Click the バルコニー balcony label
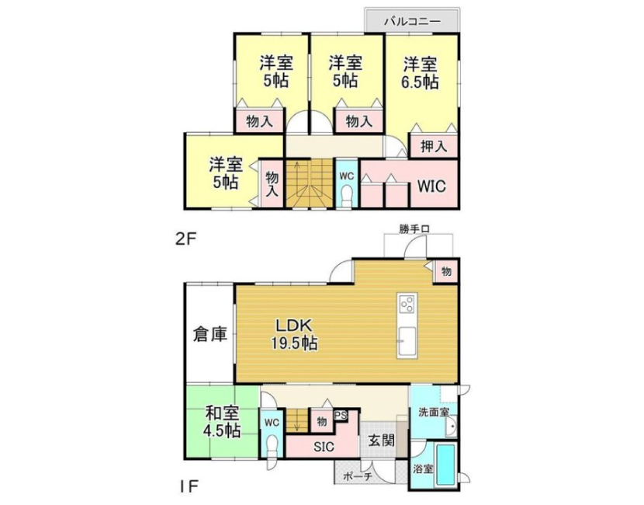click(x=412, y=21)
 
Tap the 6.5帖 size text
click(x=420, y=82)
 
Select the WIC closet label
click(x=431, y=186)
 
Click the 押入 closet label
click(x=434, y=146)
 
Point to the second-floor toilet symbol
click(x=348, y=196)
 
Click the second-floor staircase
click(x=310, y=184)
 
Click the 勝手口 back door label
click(x=414, y=229)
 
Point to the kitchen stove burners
click(x=407, y=305)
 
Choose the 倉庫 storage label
click(x=210, y=334)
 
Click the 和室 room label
click(x=222, y=413)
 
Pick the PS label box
click(x=341, y=416)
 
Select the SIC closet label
click(x=324, y=447)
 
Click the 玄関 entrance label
click(x=382, y=441)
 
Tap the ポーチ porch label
click(x=357, y=476)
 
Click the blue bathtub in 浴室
click(x=445, y=465)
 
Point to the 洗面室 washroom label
click(x=435, y=412)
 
